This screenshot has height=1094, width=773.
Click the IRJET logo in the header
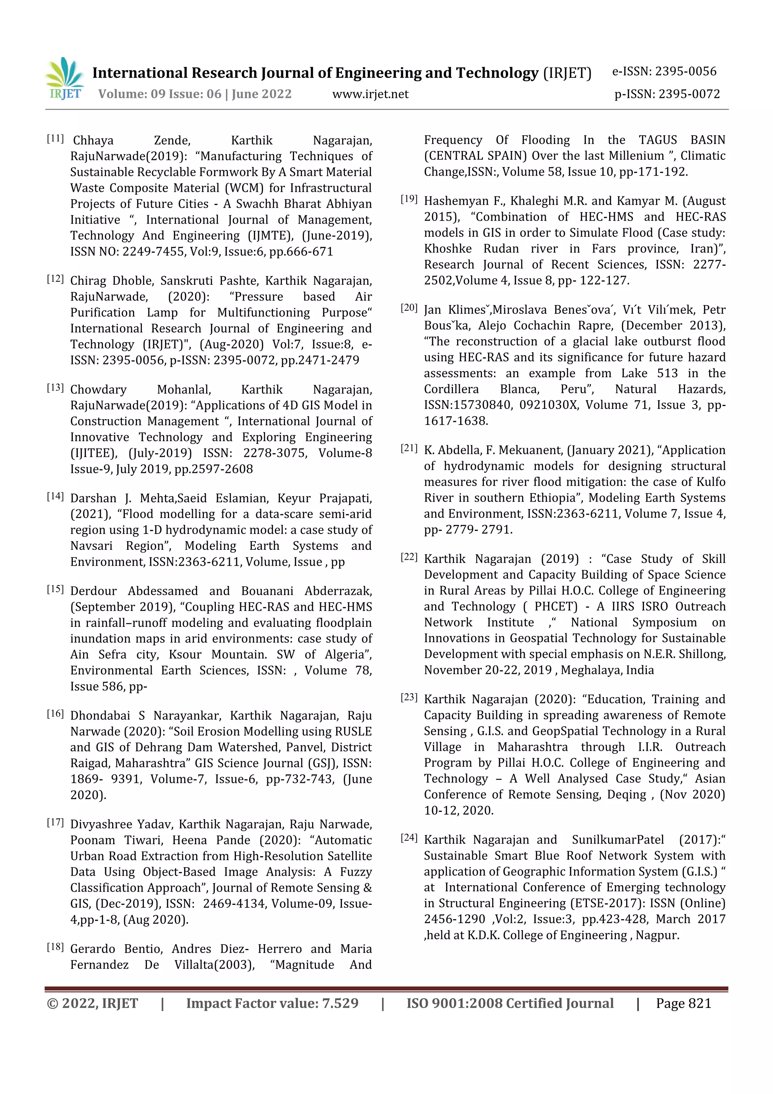(x=65, y=79)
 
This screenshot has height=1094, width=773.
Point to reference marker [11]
(x=55, y=139)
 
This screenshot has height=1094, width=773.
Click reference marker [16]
(x=55, y=713)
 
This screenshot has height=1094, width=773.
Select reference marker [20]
(x=409, y=308)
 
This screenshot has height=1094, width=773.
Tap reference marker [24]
(x=409, y=838)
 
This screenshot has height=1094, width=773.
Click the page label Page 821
(x=683, y=1003)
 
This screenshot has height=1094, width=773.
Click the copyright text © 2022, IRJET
(x=92, y=1003)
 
